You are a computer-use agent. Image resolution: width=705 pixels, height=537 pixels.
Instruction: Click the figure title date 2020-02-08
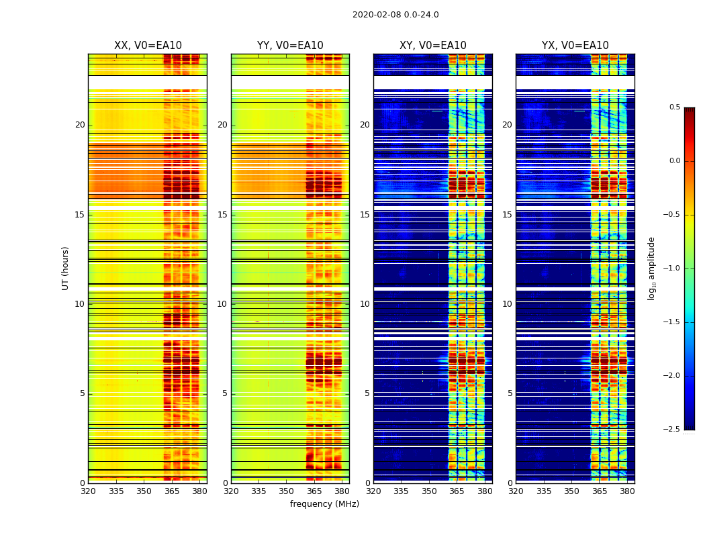375,15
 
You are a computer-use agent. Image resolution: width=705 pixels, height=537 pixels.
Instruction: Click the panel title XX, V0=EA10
148,46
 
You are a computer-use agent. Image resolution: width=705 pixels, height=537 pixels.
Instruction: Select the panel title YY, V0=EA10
290,46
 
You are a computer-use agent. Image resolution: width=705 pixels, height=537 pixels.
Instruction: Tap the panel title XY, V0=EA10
433,46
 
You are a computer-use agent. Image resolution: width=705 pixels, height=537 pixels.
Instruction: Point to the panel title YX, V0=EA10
575,46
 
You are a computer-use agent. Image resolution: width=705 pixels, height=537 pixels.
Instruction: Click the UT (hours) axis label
66,268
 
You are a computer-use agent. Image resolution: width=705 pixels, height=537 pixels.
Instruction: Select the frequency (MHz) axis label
324,504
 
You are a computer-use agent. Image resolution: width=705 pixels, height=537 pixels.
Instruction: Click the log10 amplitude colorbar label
651,268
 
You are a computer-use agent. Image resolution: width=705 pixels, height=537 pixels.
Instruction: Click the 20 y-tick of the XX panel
80,125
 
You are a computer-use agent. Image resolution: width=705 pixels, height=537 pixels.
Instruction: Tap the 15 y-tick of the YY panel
222,215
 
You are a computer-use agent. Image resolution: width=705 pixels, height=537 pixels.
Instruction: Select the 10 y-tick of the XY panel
365,304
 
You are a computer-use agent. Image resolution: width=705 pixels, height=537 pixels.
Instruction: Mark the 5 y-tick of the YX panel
510,393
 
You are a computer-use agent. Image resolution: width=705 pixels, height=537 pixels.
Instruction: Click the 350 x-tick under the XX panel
144,492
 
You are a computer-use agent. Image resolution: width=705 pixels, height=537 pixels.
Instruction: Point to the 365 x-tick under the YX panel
600,492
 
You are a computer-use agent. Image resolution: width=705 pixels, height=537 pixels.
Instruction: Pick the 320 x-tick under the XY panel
373,492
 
